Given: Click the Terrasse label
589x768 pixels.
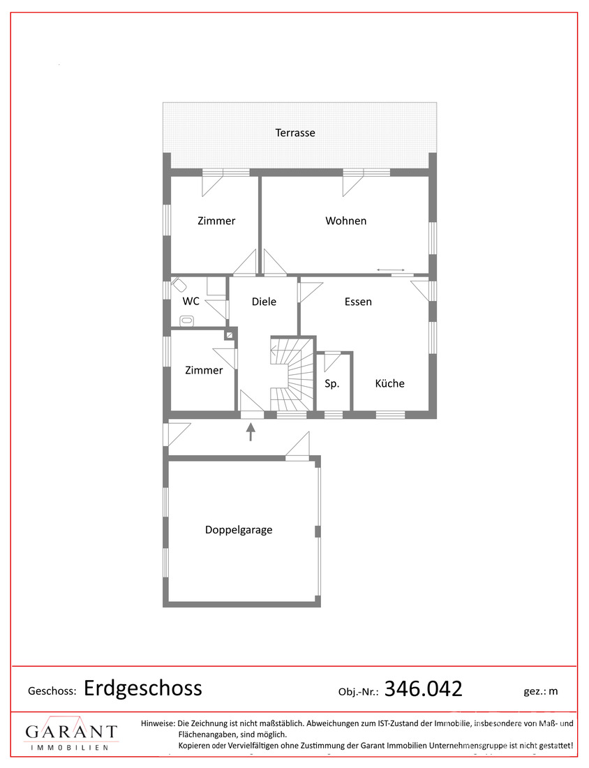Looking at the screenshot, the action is coord(294,133).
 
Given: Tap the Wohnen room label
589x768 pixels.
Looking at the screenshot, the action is coord(345,221).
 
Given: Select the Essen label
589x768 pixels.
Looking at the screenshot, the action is coord(358,302).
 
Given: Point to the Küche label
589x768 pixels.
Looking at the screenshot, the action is coord(389,383).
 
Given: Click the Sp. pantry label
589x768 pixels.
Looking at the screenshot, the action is coord(331,383).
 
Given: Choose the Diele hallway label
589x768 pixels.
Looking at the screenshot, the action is coord(264,302).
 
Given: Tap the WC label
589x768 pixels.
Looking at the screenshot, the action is coord(191,301).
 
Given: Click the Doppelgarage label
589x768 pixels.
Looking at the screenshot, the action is coord(239,530).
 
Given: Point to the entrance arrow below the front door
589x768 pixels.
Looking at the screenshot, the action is coord(251,432).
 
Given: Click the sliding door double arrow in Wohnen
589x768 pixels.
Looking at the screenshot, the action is coord(391,270).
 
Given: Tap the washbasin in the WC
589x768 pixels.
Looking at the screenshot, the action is coord(187,321).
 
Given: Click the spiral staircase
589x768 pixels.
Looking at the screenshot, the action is coord(292,374).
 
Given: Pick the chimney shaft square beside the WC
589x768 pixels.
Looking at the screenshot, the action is coord(229,335).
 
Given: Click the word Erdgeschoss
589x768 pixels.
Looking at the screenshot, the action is coord(142,688).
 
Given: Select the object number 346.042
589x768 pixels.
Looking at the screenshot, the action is coord(424,689).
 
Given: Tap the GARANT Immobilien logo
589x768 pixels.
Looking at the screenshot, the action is coord(71,733).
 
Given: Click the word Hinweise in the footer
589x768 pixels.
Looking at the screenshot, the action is coord(158,723).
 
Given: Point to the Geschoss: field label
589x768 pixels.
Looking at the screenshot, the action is coord(52,691).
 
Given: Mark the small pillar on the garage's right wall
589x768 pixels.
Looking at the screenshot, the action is coord(318,531).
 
